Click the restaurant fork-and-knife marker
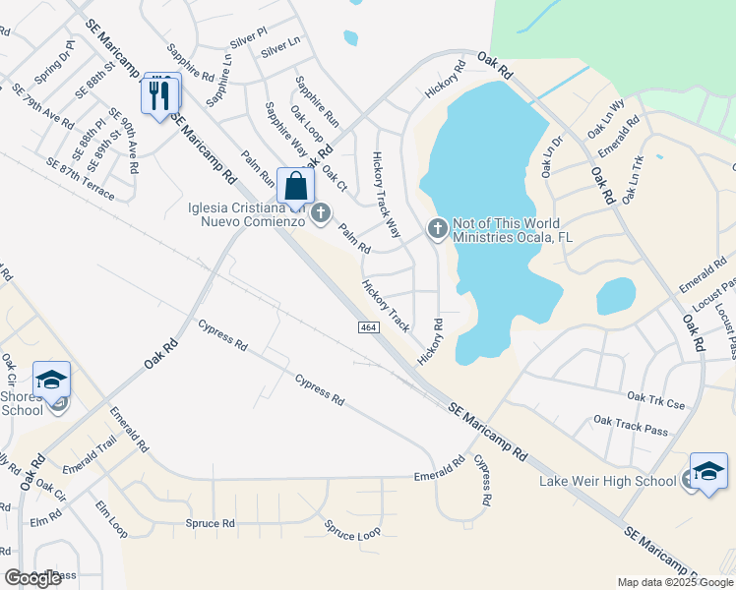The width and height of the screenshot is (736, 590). [x=160, y=94]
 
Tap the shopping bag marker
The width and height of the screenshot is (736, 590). [x=295, y=186]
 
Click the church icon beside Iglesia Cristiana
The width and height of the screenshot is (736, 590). [x=321, y=212]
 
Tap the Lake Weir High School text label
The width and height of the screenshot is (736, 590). [x=607, y=481]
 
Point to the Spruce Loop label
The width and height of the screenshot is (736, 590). [x=353, y=531]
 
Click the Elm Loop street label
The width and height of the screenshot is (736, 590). [x=111, y=518]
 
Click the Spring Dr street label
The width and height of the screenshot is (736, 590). [x=54, y=62]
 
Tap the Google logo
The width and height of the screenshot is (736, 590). [x=32, y=578]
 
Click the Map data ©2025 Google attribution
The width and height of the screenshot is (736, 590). [x=674, y=582]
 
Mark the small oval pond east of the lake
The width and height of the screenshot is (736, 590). [x=616, y=295]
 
